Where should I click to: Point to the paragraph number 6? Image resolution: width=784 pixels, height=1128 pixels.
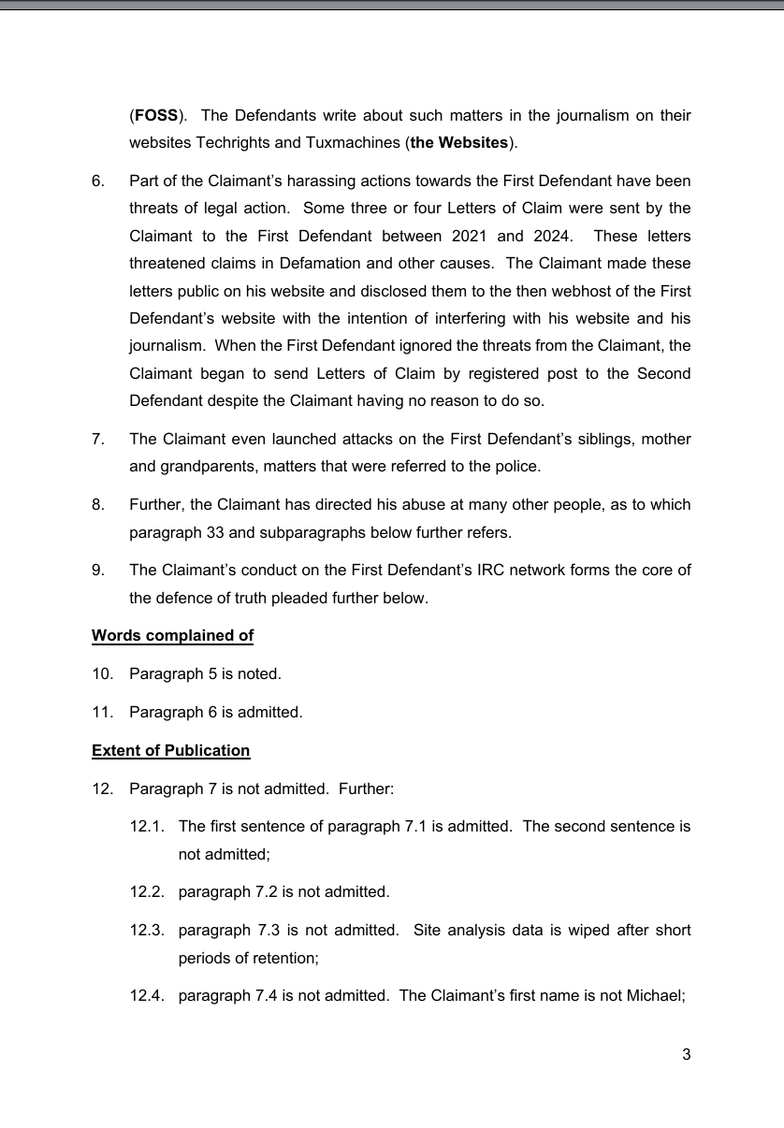98,180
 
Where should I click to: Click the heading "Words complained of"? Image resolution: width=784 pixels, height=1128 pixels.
172,636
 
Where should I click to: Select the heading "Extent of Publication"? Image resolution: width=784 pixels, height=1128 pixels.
170,750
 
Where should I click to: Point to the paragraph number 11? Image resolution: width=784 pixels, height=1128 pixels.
102,712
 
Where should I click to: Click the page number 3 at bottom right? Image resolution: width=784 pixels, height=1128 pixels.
686,1055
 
